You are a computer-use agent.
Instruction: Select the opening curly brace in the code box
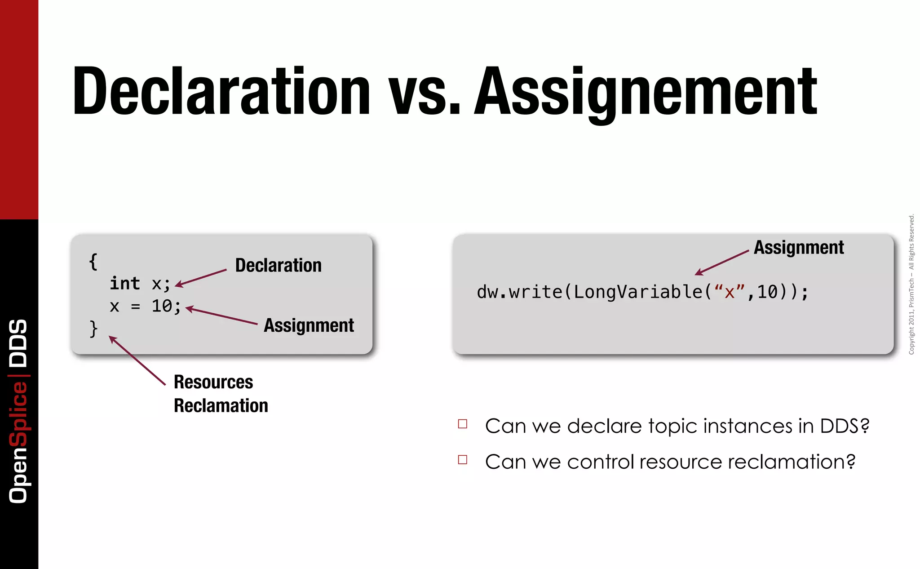[93, 262]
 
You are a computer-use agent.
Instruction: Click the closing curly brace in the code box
[93, 329]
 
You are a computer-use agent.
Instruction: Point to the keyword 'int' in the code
[125, 284]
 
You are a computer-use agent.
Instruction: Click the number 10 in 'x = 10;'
[162, 306]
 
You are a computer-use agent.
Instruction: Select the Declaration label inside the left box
[278, 265]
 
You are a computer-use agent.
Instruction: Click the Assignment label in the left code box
[309, 325]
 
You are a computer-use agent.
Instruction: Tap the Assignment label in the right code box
[798, 248]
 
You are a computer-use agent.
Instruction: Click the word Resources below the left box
[213, 382]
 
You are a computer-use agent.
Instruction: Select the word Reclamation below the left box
[221, 406]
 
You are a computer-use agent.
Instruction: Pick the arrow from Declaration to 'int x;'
[200, 277]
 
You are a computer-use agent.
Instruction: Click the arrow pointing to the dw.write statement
[721, 262]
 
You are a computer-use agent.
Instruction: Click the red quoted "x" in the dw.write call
[729, 292]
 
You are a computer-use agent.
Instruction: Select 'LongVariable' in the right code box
[638, 292]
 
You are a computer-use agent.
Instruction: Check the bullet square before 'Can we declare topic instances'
[463, 424]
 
